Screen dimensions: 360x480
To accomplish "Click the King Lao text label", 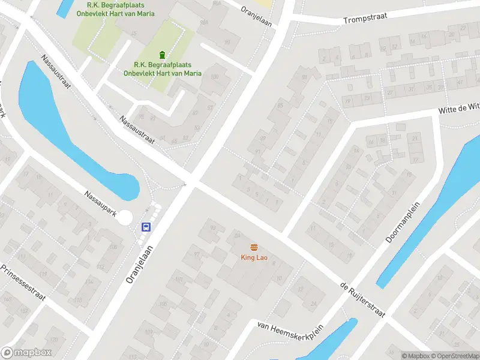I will pos(254,258).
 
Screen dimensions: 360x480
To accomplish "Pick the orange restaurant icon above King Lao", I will pos(254,247).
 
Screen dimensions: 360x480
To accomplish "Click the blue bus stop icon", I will pos(146,227).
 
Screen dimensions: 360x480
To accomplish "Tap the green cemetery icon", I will pos(162,55).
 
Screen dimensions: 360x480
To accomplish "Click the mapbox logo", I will pos(26,353).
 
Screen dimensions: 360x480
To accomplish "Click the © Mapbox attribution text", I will pos(416,356).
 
